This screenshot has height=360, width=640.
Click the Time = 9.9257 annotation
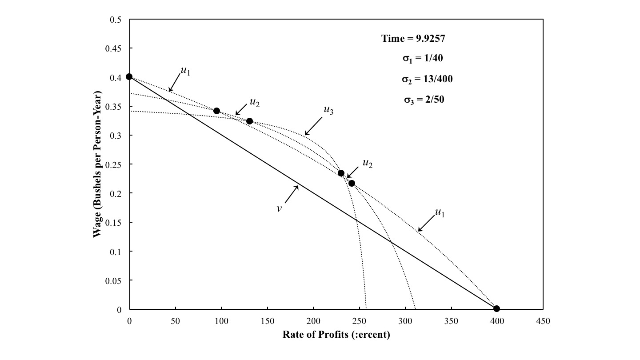pyautogui.click(x=413, y=38)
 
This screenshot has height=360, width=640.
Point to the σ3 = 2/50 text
pyautogui.click(x=424, y=100)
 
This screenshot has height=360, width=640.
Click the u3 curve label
pyautogui.click(x=328, y=110)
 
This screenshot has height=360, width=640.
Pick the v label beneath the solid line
pyautogui.click(x=279, y=208)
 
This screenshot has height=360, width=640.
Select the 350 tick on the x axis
pyautogui.click(x=451, y=321)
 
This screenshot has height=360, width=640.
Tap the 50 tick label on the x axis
pyautogui.click(x=176, y=321)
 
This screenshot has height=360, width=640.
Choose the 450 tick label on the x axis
pyautogui.click(x=543, y=321)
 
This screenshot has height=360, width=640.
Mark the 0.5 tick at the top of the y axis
pyautogui.click(x=117, y=20)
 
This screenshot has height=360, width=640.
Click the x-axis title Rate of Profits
pyautogui.click(x=336, y=335)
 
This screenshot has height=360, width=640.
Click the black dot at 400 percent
pyautogui.click(x=496, y=308)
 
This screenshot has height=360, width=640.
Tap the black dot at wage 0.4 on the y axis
pyautogui.click(x=129, y=76)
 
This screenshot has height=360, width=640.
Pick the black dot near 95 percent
pyautogui.click(x=216, y=111)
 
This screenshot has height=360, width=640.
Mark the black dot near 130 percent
pyautogui.click(x=249, y=121)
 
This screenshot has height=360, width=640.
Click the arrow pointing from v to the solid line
pyautogui.click(x=291, y=194)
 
